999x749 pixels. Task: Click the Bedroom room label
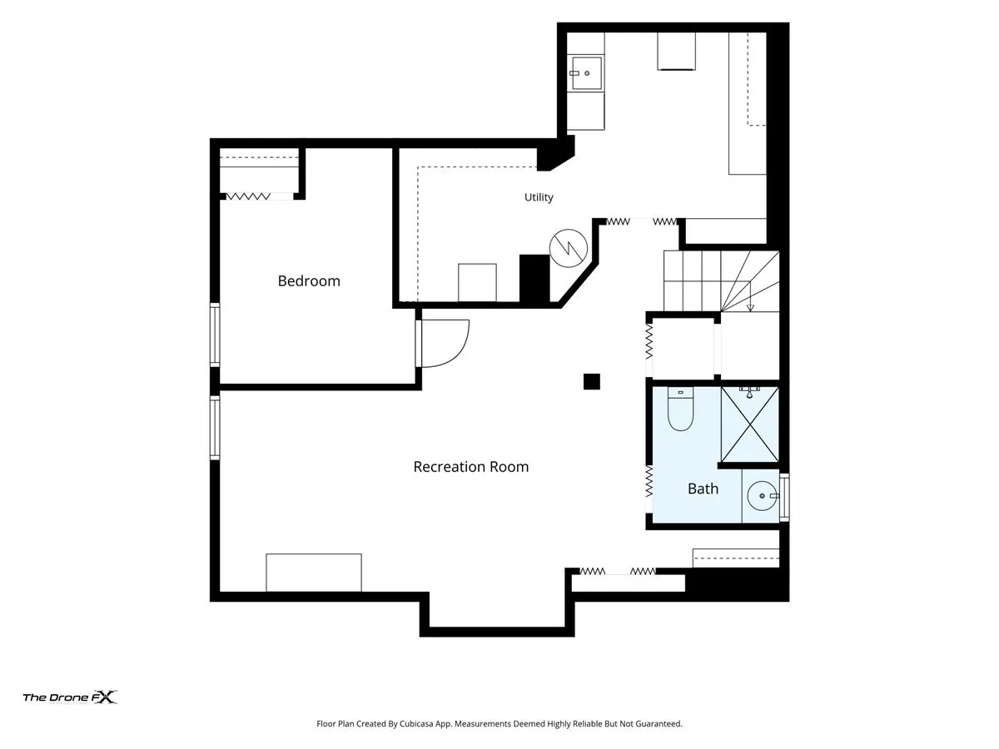point(309,280)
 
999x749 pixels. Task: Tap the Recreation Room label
point(470,467)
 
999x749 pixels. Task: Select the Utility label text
point(539,197)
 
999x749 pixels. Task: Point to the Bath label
point(703,489)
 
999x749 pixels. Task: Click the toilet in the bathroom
point(680,409)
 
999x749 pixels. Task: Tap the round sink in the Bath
point(762,496)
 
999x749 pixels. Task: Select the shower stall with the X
point(749,424)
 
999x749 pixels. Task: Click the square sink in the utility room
point(586,73)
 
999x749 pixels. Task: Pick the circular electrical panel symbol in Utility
point(569,248)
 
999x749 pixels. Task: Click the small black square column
point(591,381)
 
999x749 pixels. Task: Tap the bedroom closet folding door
point(248,196)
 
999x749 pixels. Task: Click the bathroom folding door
point(649,488)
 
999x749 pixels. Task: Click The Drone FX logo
point(70,697)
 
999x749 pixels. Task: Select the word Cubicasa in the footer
point(416,723)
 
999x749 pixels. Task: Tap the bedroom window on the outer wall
point(215,335)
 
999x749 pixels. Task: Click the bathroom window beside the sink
point(784,497)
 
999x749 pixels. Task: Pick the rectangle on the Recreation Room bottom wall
point(314,573)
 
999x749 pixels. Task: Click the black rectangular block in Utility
point(534,278)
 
